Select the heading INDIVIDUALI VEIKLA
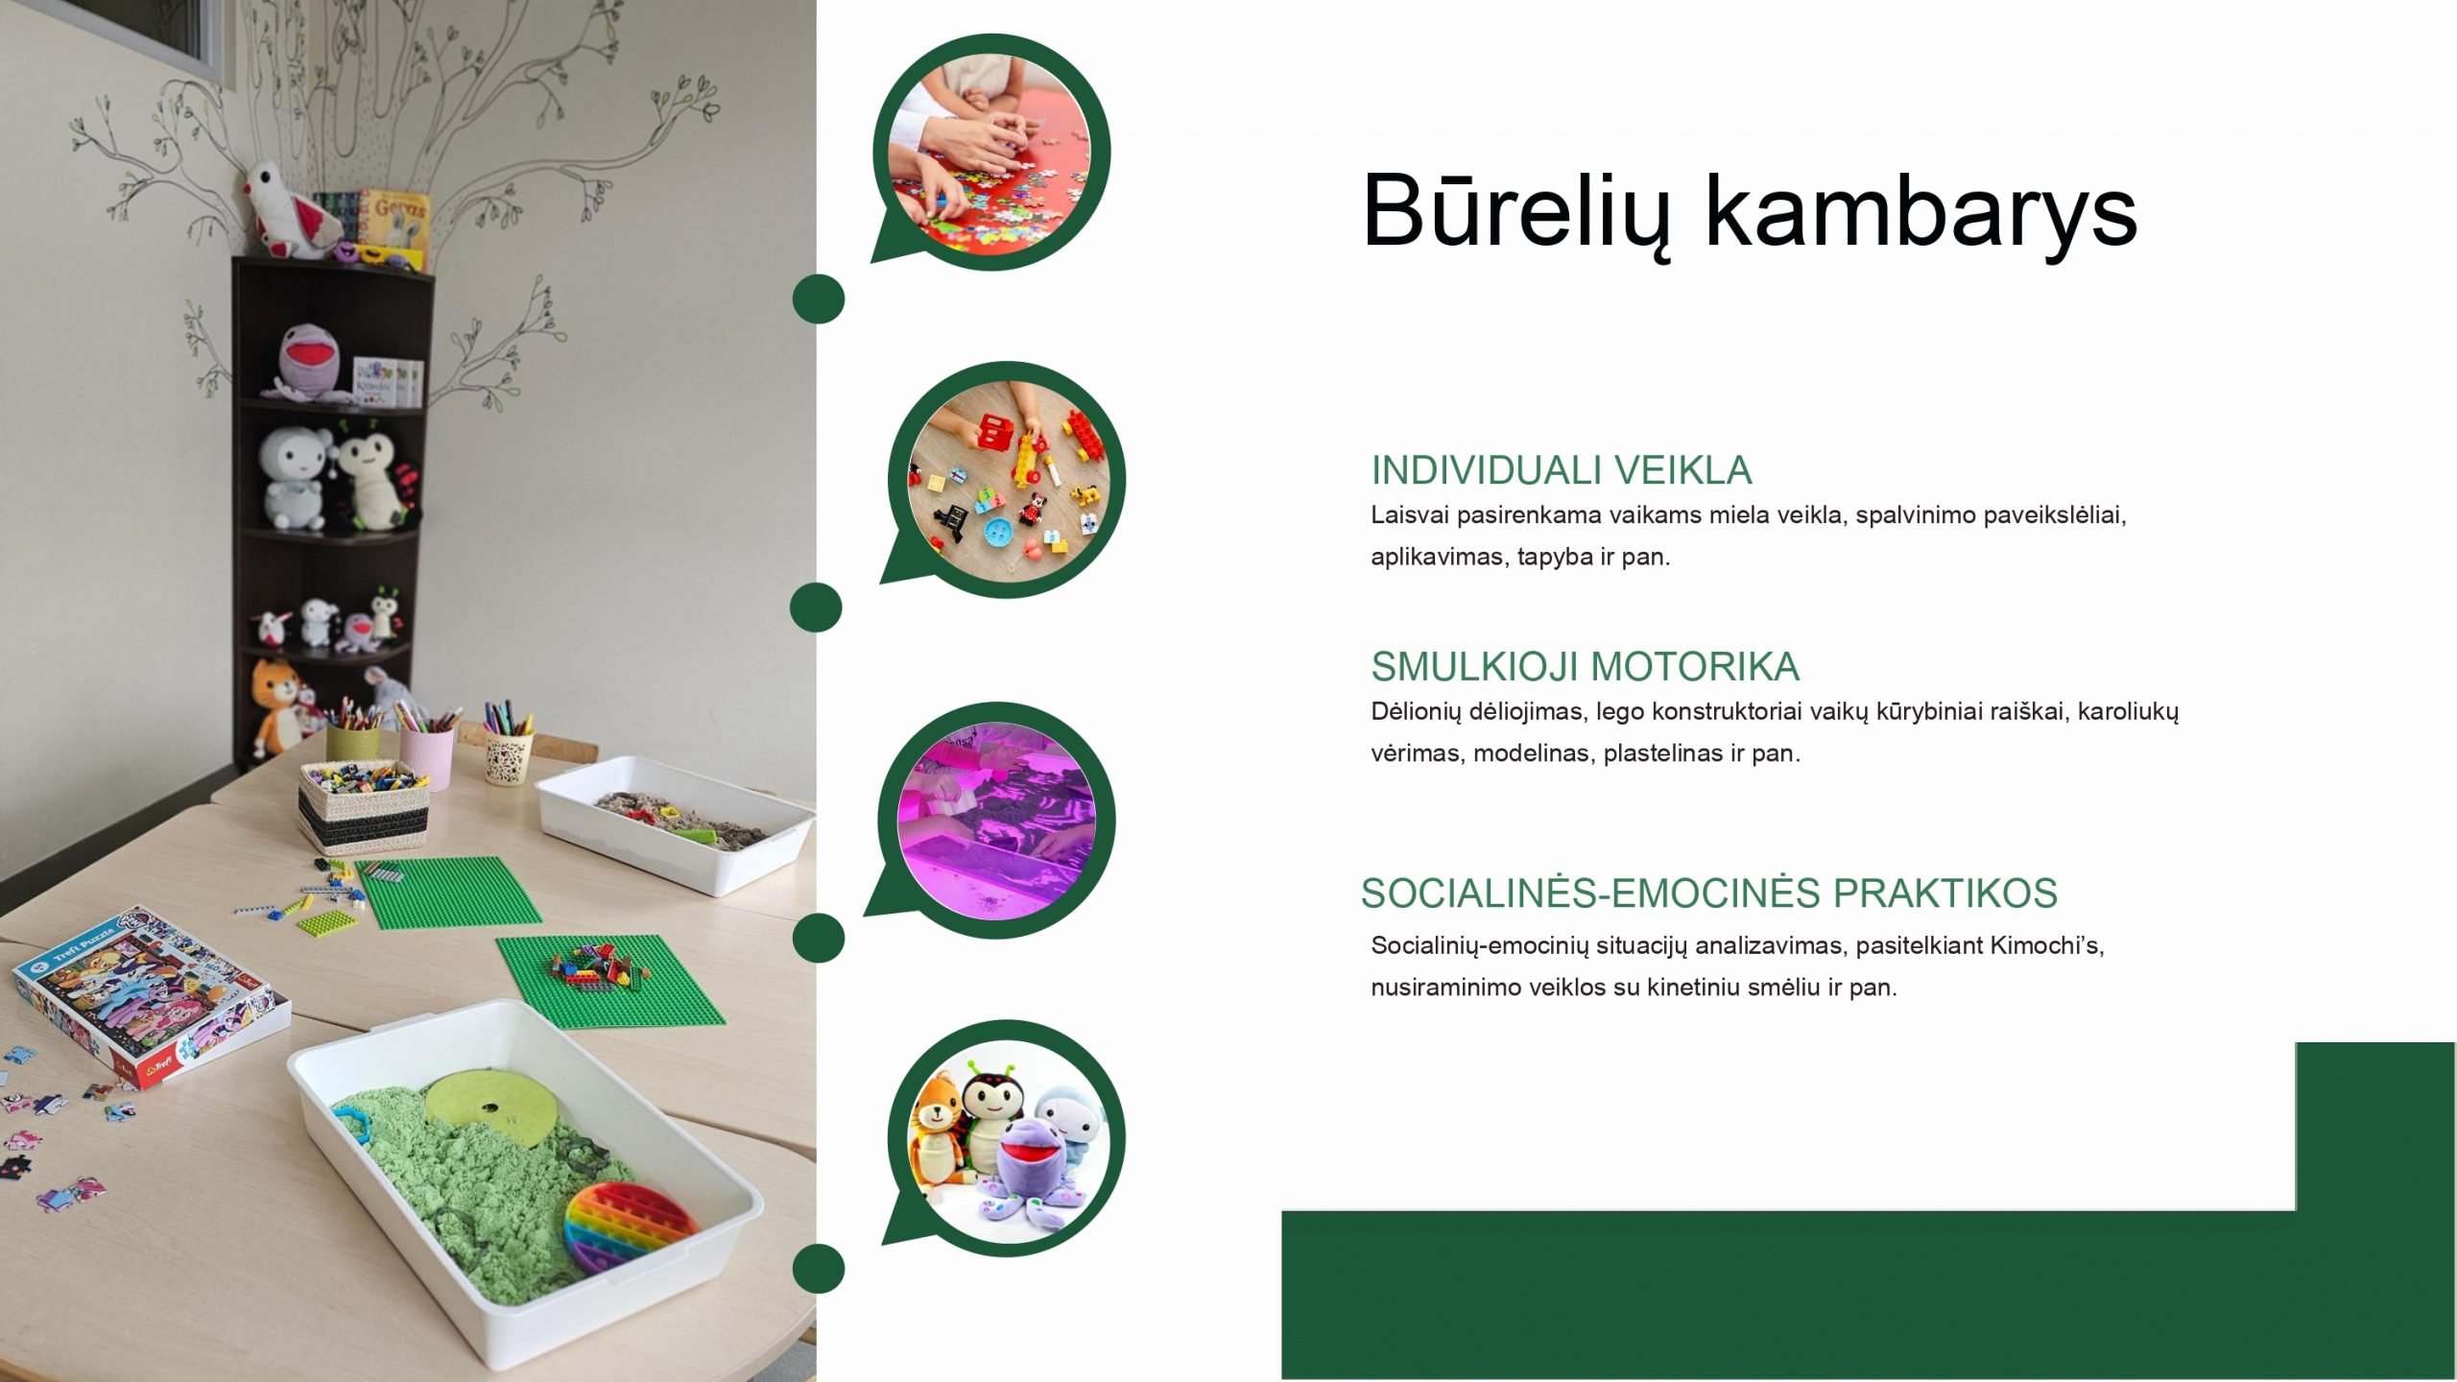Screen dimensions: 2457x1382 coord(1562,470)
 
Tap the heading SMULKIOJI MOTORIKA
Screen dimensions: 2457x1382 coord(1586,666)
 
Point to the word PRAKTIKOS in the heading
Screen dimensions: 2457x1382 coord(1944,894)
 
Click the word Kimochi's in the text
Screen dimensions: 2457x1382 coord(2047,945)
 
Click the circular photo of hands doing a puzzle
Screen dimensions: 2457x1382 coord(991,153)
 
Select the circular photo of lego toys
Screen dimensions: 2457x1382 coord(1007,480)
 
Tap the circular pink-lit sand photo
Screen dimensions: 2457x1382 coord(996,821)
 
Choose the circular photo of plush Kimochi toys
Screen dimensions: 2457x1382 coord(1007,1138)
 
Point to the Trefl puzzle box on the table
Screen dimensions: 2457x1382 coord(152,997)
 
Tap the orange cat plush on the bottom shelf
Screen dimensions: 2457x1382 coord(275,705)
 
